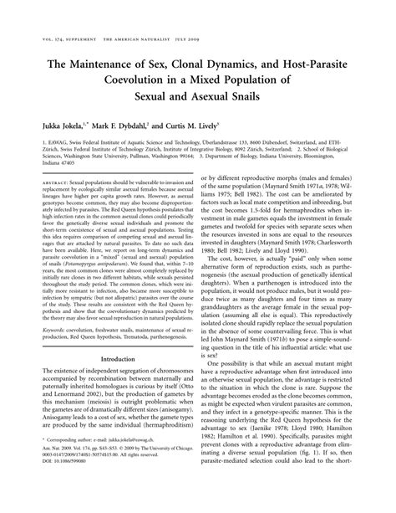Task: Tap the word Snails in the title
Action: coord(255,97)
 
